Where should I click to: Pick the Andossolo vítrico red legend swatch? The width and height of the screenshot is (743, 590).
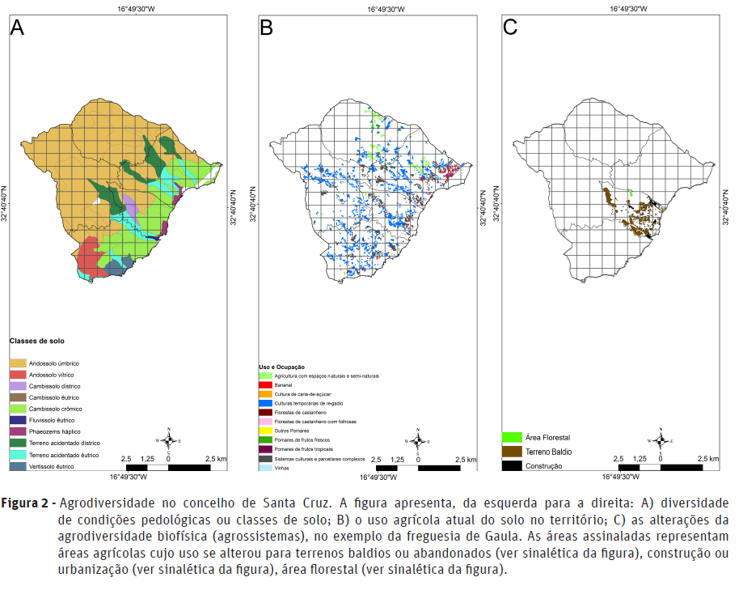point(18,376)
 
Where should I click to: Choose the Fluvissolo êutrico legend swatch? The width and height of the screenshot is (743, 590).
point(18,421)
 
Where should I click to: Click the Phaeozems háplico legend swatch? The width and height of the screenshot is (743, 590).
point(18,432)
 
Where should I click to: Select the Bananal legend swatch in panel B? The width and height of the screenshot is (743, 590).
point(265,385)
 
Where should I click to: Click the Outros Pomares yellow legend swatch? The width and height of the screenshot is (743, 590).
point(265,431)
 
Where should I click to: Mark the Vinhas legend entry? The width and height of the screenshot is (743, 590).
point(280,468)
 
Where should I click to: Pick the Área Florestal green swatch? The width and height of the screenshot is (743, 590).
point(513,438)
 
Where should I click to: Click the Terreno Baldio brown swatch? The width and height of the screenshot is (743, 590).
point(513,452)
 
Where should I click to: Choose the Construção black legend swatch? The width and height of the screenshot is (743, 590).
point(513,465)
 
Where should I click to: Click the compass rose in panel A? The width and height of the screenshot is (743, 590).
point(168,439)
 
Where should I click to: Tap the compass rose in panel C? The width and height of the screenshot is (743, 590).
point(661,439)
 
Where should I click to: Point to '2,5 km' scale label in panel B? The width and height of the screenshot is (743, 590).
point(465,459)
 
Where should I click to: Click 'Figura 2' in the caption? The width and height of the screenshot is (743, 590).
point(27,503)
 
